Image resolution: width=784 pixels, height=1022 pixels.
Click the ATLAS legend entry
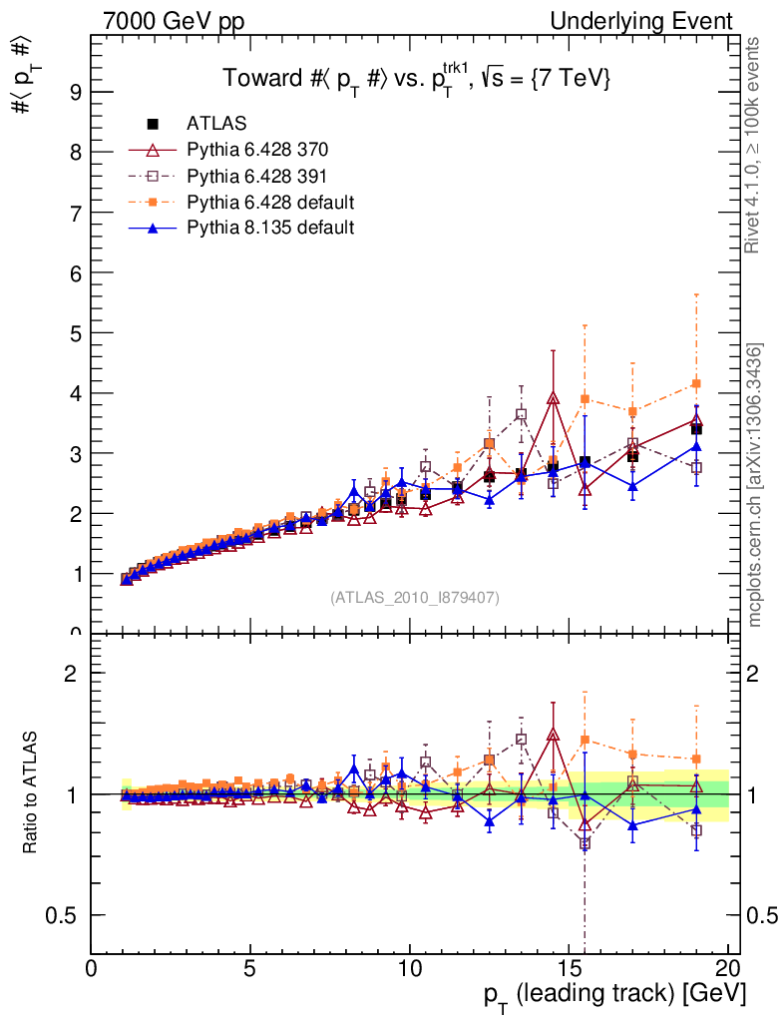(216, 124)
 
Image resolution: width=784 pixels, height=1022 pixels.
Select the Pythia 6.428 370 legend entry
(256, 150)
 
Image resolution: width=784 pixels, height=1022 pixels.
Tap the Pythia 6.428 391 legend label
(256, 176)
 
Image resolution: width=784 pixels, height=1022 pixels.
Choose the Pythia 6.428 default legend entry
(270, 202)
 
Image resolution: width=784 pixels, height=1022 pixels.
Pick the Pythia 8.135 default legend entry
(270, 228)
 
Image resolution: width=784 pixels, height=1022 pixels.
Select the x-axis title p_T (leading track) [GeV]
(614, 996)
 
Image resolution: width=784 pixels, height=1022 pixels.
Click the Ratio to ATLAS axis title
(31, 793)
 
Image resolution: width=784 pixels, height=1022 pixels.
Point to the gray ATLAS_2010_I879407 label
(415, 598)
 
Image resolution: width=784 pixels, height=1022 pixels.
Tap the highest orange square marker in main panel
(696, 384)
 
